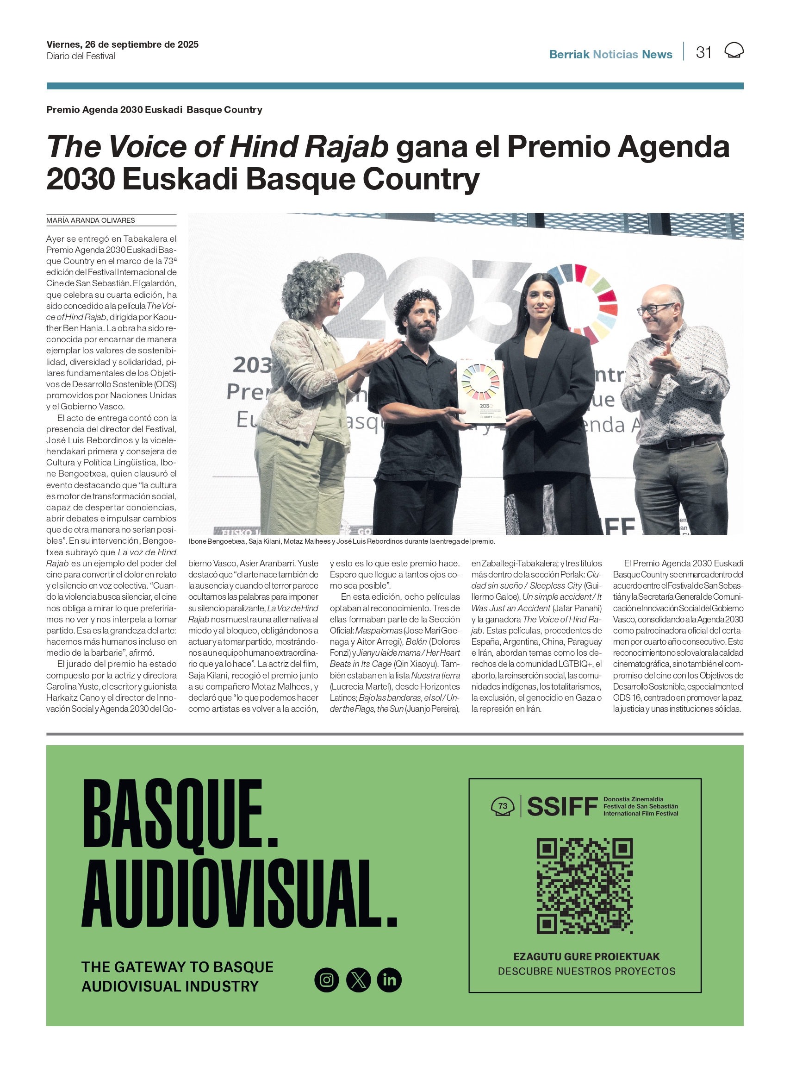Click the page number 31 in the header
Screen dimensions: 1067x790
pos(703,52)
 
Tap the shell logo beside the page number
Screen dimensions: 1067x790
pos(734,50)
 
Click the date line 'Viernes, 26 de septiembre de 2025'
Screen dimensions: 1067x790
pos(123,44)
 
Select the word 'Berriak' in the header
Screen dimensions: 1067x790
pos(569,55)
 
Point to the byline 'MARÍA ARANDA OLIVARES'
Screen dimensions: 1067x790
pos(90,220)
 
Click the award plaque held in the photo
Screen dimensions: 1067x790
pos(480,392)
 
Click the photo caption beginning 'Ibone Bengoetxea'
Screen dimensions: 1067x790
pos(342,541)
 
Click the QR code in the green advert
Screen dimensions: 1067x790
pos(585,885)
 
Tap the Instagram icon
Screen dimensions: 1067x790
pos(327,980)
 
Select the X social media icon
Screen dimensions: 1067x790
pos(358,980)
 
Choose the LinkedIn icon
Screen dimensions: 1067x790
pos(389,980)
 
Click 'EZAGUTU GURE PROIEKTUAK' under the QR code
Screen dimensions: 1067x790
pos(586,956)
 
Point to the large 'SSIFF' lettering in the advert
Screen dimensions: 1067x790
pos(562,807)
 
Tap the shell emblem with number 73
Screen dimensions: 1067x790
pos(503,807)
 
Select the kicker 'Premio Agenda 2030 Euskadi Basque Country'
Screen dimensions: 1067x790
pos(154,110)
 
